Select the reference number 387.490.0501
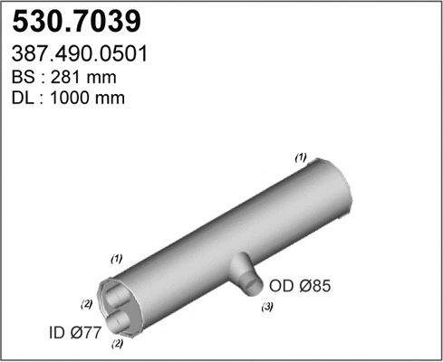coord(82,54)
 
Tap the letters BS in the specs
coord(29,78)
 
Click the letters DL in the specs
coord(29,98)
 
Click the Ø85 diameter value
coord(319,288)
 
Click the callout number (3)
coord(268,309)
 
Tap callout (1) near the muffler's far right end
coord(301,157)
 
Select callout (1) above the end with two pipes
coord(116,259)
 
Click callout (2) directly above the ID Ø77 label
coord(87,302)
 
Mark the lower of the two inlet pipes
coord(121,322)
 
